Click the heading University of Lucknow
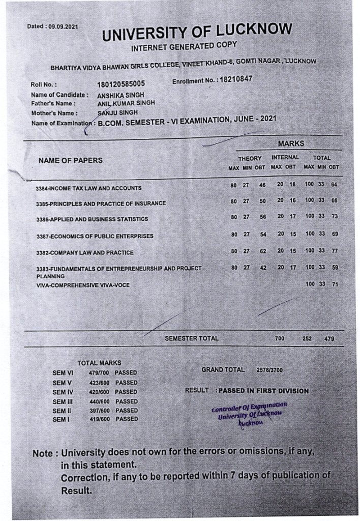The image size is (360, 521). (x=197, y=33)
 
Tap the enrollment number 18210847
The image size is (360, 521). (x=234, y=80)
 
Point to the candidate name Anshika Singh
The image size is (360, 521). (x=121, y=95)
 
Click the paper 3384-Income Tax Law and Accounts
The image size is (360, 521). (x=88, y=188)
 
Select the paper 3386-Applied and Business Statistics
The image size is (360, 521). (x=92, y=219)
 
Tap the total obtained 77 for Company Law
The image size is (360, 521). (x=334, y=251)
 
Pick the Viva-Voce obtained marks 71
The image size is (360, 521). (x=334, y=284)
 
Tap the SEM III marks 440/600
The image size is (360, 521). (x=99, y=401)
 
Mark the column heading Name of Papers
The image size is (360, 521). (x=70, y=160)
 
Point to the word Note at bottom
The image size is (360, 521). (x=44, y=453)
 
